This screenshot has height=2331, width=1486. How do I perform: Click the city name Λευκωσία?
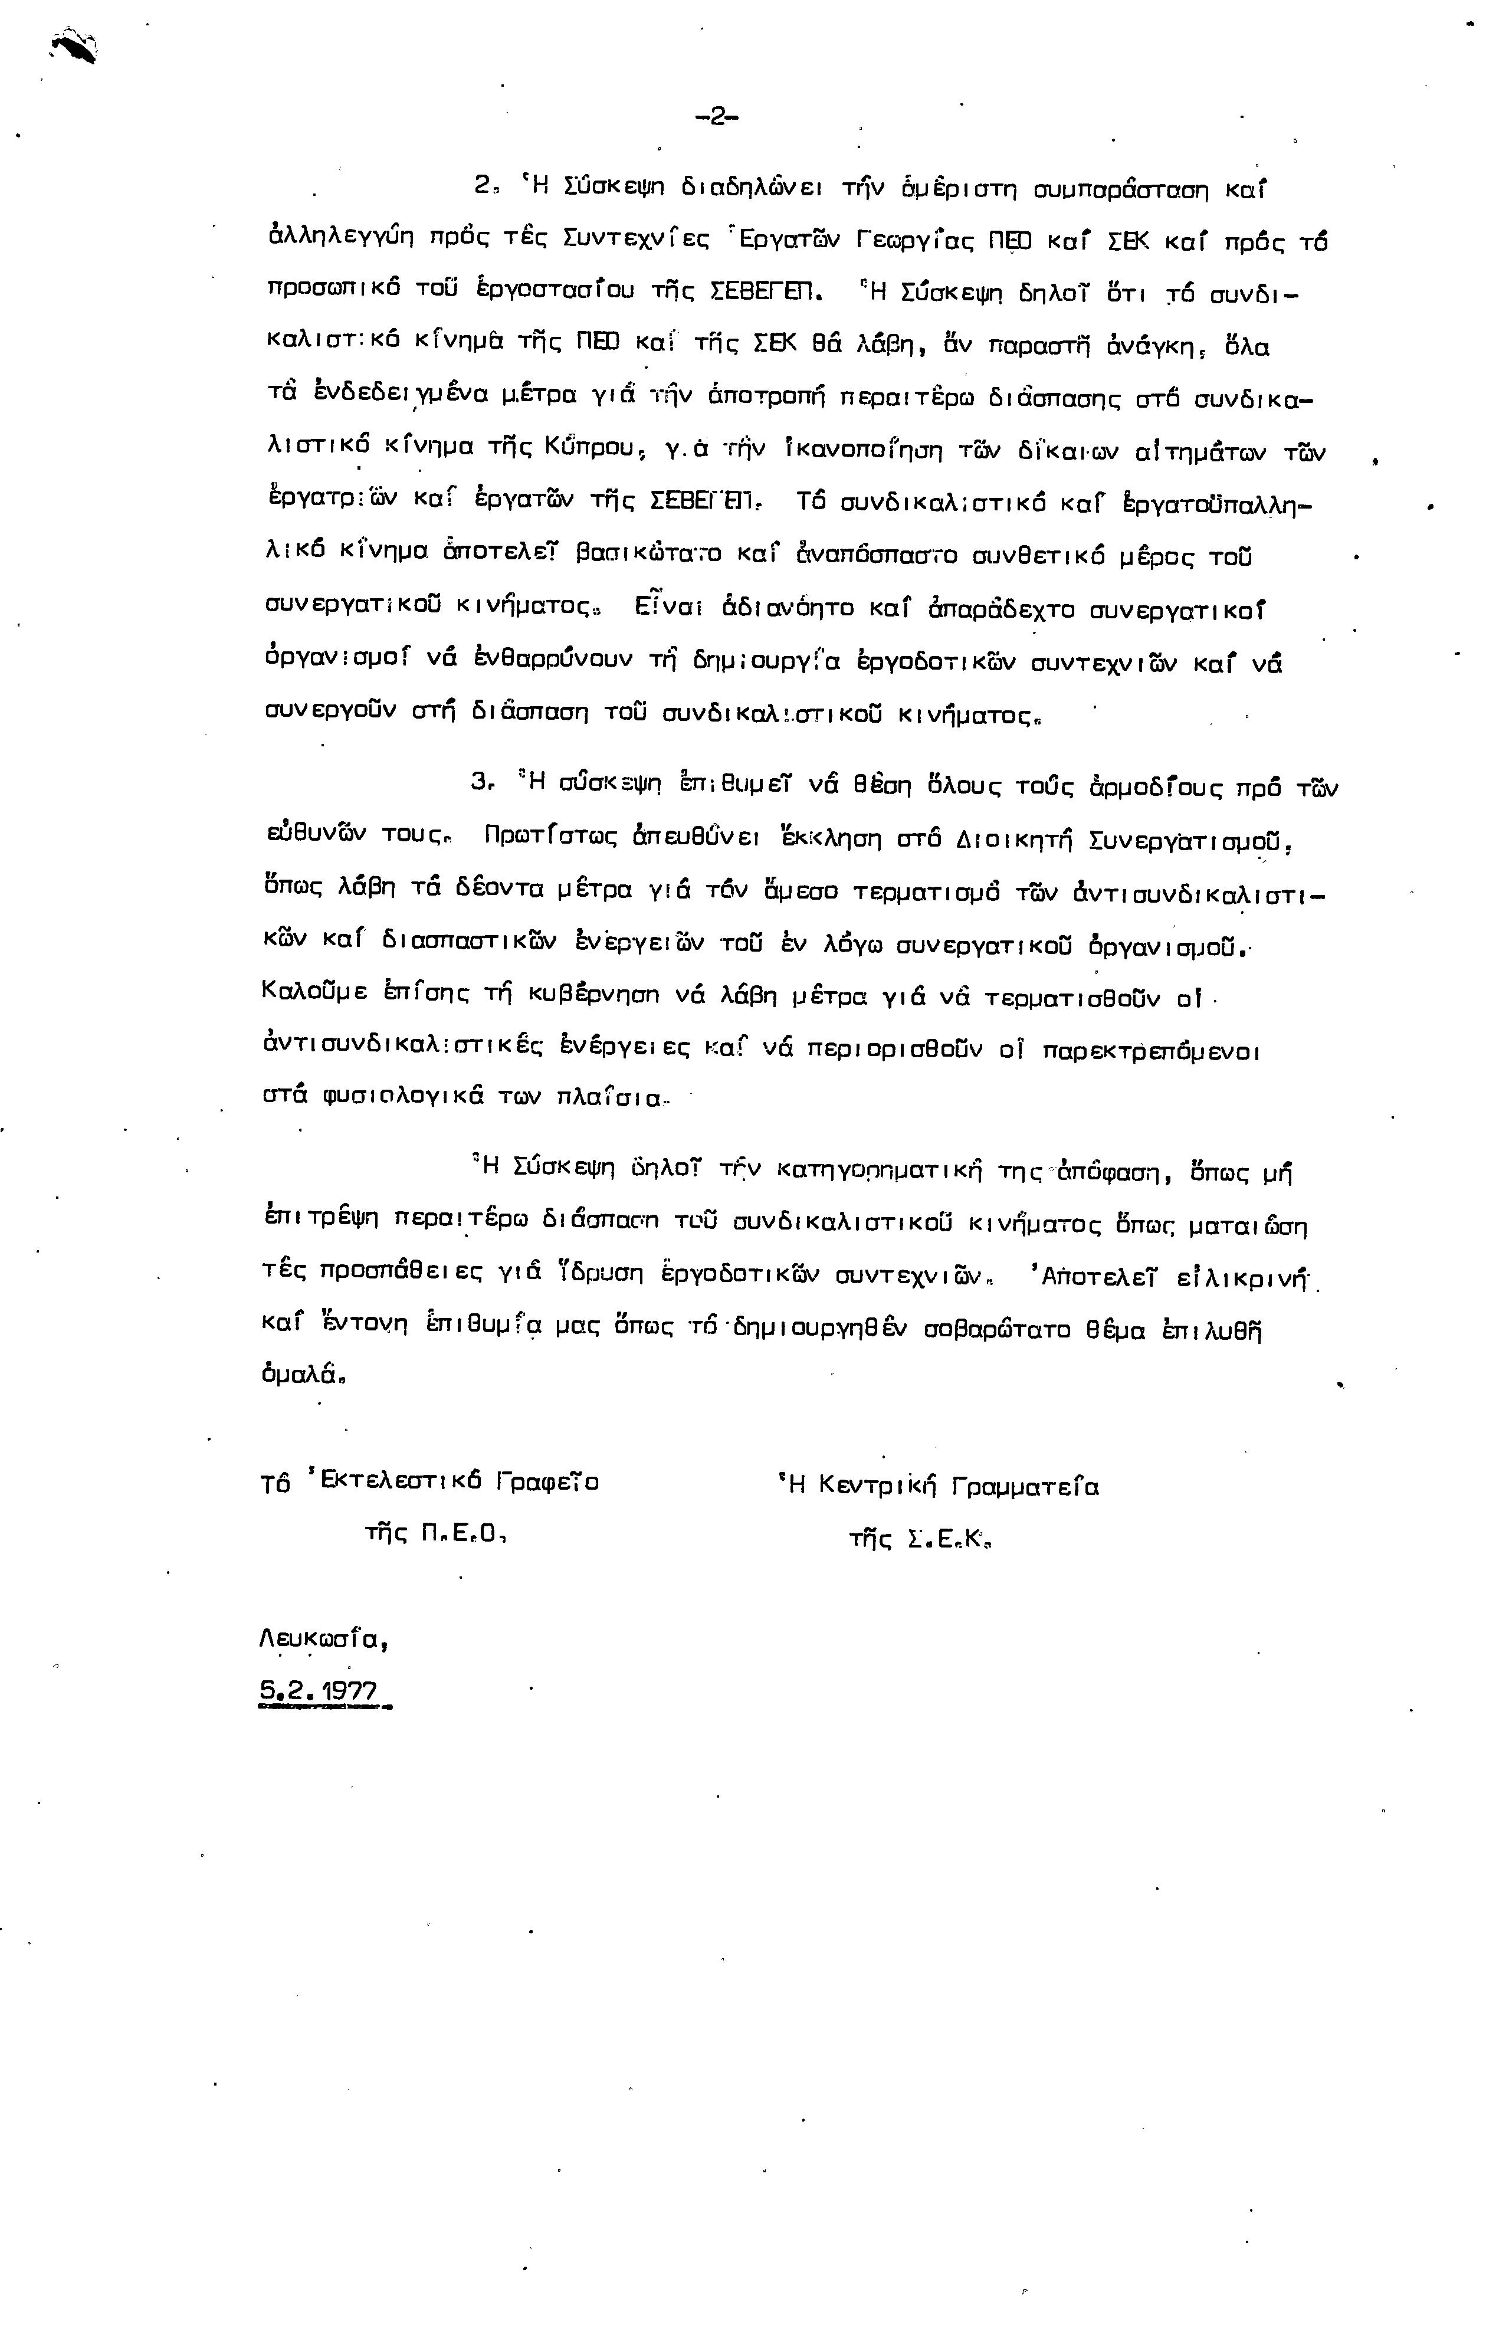[x=325, y=1640]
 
